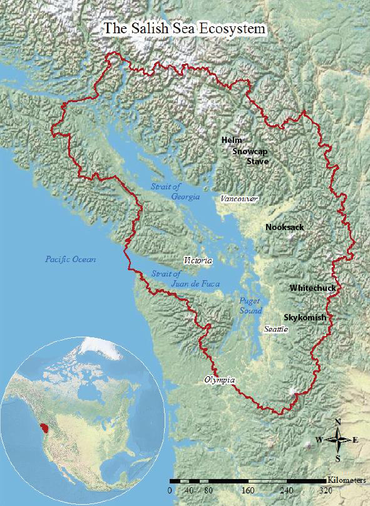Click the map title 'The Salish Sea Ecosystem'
pos(185,29)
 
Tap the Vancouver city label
pos(239,198)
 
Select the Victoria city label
pos(198,260)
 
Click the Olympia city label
pos(219,380)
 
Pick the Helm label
pos(232,140)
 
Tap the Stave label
pos(257,161)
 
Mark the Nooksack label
pos(284,227)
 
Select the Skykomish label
pos(305,318)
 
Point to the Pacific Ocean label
pos(70,259)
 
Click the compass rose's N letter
pos(338,422)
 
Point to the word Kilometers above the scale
pos(347,478)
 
